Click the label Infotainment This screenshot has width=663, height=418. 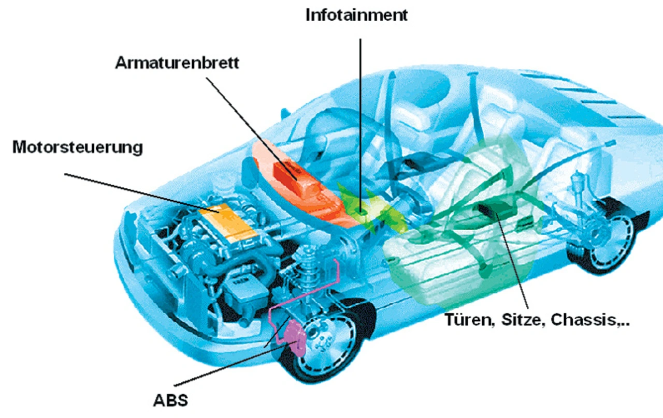[356, 14]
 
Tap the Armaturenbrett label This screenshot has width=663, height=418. [177, 63]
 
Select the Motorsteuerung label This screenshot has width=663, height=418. [77, 147]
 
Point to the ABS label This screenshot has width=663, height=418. [171, 400]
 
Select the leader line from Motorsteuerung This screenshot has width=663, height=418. [140, 191]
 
